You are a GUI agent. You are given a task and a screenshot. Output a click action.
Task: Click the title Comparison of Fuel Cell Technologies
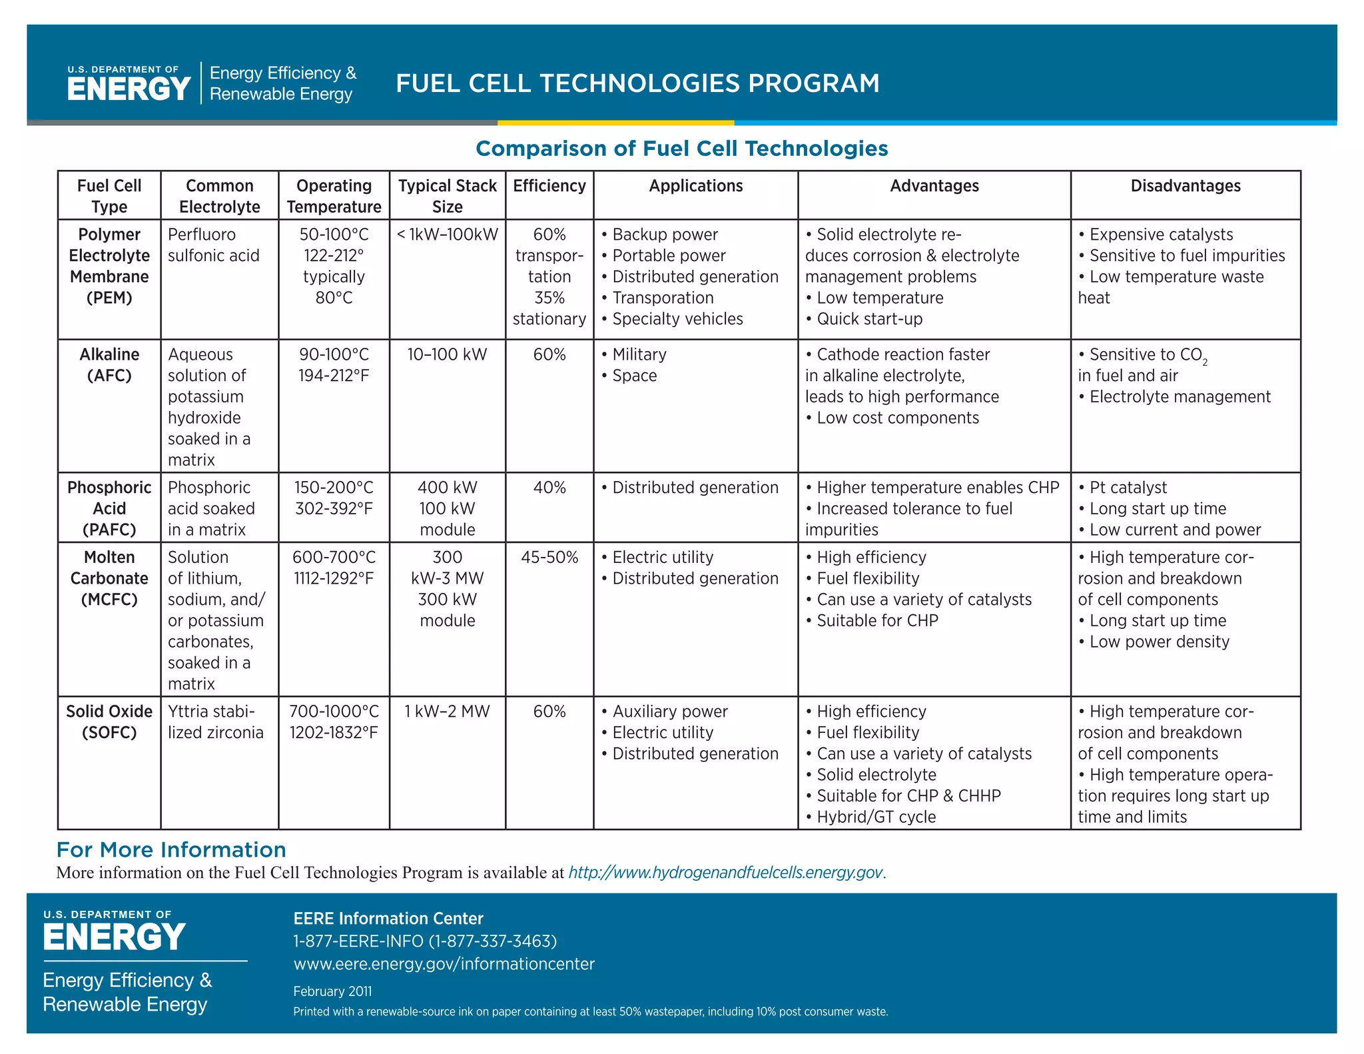click(x=681, y=148)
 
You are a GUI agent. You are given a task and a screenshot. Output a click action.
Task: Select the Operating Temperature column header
click(x=334, y=196)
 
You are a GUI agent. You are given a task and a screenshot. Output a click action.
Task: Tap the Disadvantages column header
click(x=1185, y=186)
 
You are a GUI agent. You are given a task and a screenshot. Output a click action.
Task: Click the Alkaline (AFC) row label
click(x=109, y=365)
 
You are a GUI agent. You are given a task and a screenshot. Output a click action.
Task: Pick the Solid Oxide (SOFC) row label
click(x=109, y=722)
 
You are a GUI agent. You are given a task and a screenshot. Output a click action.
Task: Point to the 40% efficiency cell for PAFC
click(x=549, y=488)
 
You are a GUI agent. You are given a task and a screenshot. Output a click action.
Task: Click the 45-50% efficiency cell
click(x=549, y=557)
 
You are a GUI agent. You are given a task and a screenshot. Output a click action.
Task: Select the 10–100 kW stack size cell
click(x=447, y=354)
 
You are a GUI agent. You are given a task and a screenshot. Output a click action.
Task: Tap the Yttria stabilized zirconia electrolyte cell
click(x=215, y=722)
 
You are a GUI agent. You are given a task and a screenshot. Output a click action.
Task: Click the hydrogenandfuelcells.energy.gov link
click(x=725, y=872)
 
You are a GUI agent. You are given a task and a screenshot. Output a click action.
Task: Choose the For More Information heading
click(x=171, y=849)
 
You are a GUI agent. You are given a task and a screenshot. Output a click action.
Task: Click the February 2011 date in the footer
click(x=332, y=991)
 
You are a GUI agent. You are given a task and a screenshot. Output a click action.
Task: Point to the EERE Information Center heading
click(x=388, y=919)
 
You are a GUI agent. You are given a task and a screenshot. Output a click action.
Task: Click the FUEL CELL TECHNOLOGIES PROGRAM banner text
click(x=637, y=83)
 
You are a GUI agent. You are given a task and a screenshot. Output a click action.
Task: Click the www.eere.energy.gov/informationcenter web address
click(x=444, y=964)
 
